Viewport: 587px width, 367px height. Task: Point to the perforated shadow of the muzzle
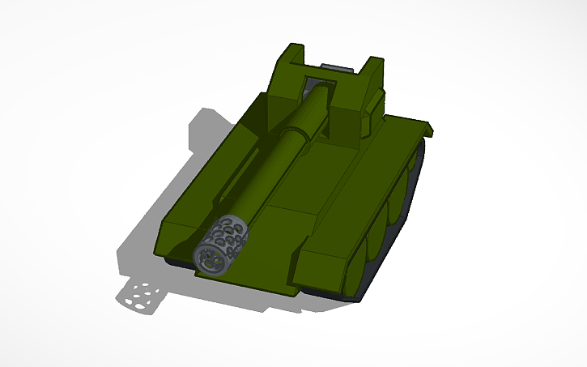(141, 297)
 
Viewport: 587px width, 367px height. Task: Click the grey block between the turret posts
(337, 66)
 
